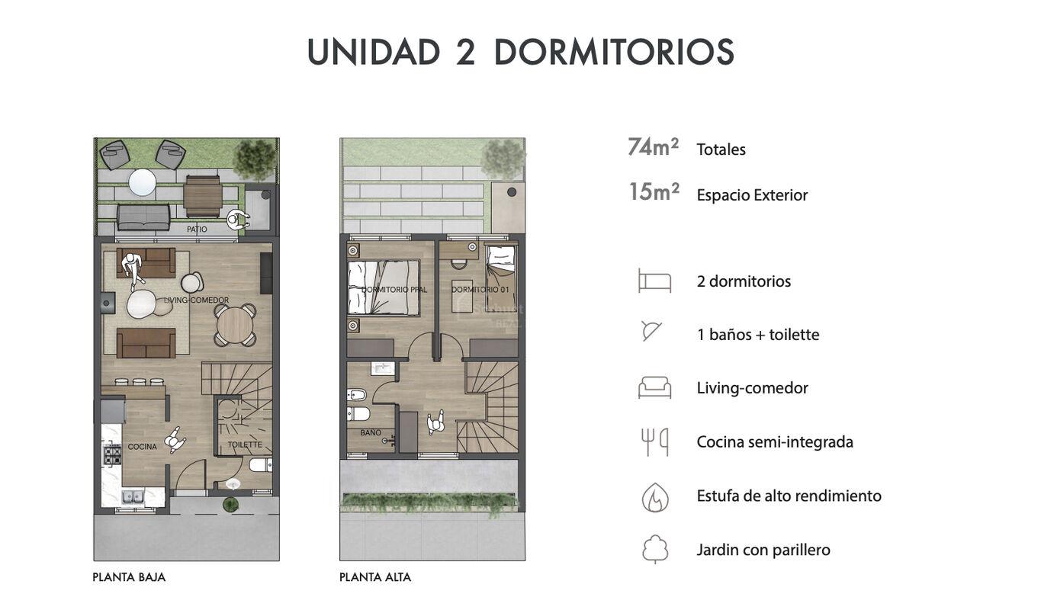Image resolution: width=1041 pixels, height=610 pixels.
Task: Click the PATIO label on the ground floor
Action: (x=197, y=229)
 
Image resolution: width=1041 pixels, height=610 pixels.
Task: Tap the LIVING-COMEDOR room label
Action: (x=196, y=300)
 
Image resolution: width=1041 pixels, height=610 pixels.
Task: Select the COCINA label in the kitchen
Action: (x=142, y=447)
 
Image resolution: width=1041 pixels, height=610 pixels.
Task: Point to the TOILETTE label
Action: (x=245, y=445)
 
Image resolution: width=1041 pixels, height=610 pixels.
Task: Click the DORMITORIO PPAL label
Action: (x=394, y=290)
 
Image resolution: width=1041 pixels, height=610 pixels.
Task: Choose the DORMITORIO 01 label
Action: (x=480, y=290)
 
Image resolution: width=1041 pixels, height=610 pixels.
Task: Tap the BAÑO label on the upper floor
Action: (x=371, y=432)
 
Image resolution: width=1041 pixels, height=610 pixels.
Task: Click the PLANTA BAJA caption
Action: (x=129, y=577)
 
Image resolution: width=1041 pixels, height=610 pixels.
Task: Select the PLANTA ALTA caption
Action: (x=375, y=577)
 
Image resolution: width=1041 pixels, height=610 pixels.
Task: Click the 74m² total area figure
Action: (x=653, y=147)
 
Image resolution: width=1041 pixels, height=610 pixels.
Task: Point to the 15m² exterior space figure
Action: (x=654, y=192)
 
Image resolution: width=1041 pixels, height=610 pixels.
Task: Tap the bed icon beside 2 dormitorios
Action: (x=655, y=280)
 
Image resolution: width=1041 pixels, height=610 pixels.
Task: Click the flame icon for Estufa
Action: (x=655, y=497)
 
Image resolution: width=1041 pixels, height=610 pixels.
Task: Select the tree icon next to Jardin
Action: (x=655, y=549)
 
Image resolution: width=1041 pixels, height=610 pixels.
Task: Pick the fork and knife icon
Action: (x=655, y=441)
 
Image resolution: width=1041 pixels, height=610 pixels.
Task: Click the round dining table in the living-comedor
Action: (x=235, y=325)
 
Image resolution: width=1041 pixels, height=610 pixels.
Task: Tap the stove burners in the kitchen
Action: (x=112, y=454)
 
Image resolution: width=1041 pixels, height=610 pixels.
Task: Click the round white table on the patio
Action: (x=142, y=182)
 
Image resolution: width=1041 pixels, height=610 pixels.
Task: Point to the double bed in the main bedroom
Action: (x=384, y=287)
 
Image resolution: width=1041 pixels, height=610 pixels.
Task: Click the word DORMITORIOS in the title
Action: (x=614, y=52)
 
